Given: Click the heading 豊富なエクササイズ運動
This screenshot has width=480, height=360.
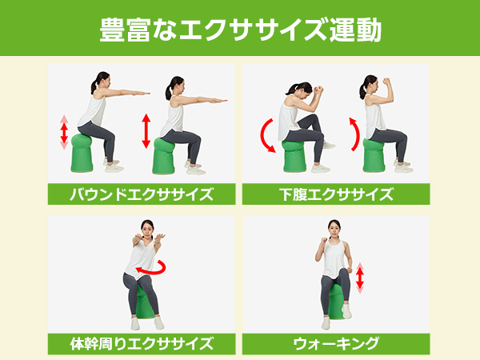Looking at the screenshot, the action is click(240, 30).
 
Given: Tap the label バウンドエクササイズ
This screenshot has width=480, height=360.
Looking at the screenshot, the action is click(142, 194).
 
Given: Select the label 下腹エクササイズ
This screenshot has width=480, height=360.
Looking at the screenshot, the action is click(336, 194).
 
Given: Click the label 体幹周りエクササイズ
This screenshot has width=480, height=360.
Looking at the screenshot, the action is click(142, 343).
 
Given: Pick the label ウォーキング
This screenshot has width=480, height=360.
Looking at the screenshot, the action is click(336, 343).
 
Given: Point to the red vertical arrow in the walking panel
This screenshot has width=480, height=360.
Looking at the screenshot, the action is click(360, 278).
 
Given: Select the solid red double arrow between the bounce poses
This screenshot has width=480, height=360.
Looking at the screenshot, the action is click(146, 131).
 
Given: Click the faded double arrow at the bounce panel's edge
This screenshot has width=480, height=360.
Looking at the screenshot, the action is click(64, 132).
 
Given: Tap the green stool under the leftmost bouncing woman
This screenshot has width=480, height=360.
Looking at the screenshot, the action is click(82, 153).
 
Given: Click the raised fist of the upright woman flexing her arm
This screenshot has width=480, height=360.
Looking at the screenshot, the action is click(387, 82).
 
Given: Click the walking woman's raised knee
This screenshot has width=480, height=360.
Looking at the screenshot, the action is click(344, 272).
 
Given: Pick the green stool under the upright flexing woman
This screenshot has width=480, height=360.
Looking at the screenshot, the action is click(374, 155).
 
